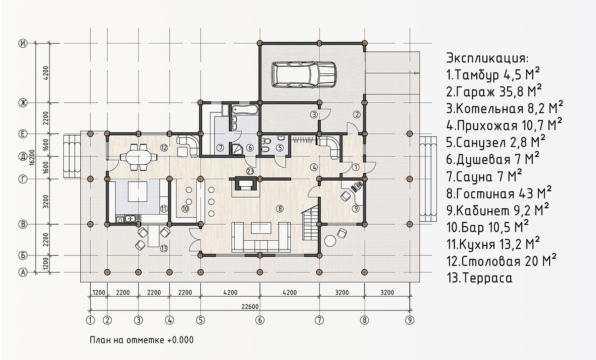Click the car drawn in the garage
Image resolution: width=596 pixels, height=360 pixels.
click(304, 75)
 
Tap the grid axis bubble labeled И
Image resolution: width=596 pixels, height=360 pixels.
click(23, 43)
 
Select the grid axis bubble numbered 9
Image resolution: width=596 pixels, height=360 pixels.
click(410, 320)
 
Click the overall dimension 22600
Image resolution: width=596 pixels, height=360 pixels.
click(250, 306)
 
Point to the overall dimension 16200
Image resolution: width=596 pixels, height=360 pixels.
click(32, 157)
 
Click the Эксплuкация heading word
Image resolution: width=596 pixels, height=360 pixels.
click(487, 58)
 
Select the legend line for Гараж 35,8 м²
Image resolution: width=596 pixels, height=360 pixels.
click(494, 91)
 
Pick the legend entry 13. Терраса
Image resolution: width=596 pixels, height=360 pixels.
click(479, 278)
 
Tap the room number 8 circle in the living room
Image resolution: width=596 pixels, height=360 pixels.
click(280, 209)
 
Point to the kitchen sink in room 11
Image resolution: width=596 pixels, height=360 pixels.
click(130, 219)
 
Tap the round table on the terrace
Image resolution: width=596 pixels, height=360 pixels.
click(330, 241)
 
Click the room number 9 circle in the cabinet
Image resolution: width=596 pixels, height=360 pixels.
click(356, 209)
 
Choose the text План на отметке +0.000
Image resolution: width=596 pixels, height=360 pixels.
click(142, 340)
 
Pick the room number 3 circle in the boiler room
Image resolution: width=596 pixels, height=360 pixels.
click(314, 115)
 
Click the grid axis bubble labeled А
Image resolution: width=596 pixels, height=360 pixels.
click(23, 272)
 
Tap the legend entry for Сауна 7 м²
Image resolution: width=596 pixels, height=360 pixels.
click(484, 177)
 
